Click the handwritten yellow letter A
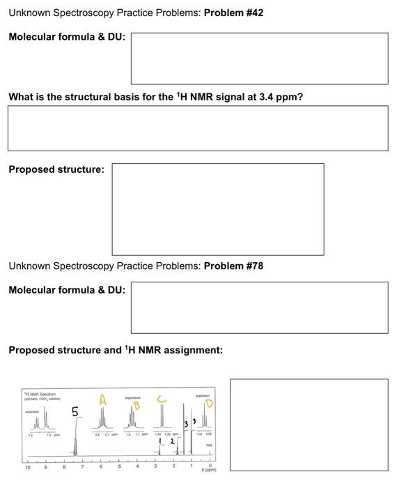point(102,400)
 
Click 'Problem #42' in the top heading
point(233,13)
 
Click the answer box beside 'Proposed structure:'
point(217,209)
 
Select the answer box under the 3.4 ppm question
point(198,128)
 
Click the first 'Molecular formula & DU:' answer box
point(259,59)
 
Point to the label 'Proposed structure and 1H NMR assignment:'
point(116,350)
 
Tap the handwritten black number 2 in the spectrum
point(171,441)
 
